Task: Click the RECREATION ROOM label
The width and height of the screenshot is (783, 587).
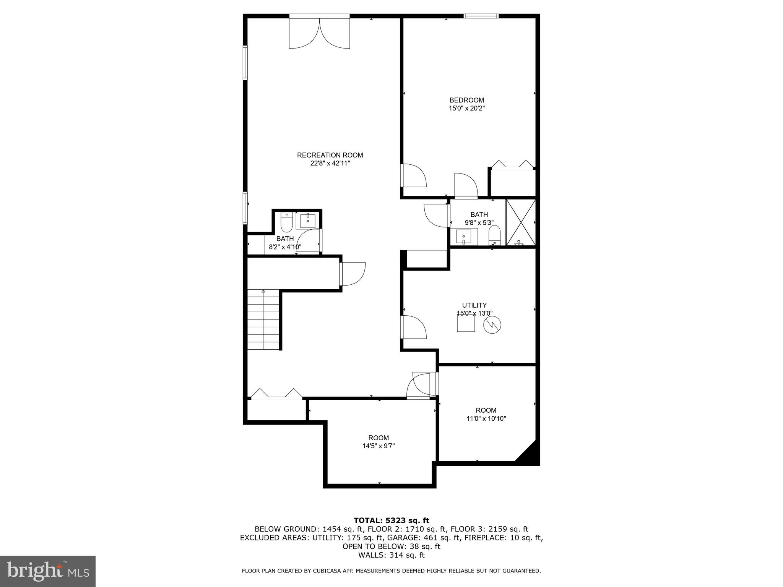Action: click(x=330, y=155)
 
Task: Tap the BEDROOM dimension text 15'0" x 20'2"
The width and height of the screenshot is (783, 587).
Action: click(x=466, y=109)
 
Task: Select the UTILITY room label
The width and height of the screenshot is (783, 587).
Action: click(x=474, y=305)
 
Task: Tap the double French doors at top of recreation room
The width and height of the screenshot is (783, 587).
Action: click(x=319, y=33)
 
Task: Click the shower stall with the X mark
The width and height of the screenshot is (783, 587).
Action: click(x=520, y=222)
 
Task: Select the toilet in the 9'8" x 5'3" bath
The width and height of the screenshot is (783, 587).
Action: click(x=495, y=235)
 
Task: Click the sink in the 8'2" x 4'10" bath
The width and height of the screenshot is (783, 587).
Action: click(x=308, y=221)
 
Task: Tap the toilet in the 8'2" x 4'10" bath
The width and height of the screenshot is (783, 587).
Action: click(x=286, y=223)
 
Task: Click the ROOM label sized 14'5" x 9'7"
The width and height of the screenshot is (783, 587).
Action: click(x=379, y=438)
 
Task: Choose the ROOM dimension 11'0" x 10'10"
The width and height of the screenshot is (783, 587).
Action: click(x=486, y=418)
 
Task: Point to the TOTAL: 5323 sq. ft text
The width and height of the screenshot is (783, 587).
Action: click(x=391, y=521)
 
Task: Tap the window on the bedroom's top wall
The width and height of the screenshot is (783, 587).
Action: click(x=481, y=16)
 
